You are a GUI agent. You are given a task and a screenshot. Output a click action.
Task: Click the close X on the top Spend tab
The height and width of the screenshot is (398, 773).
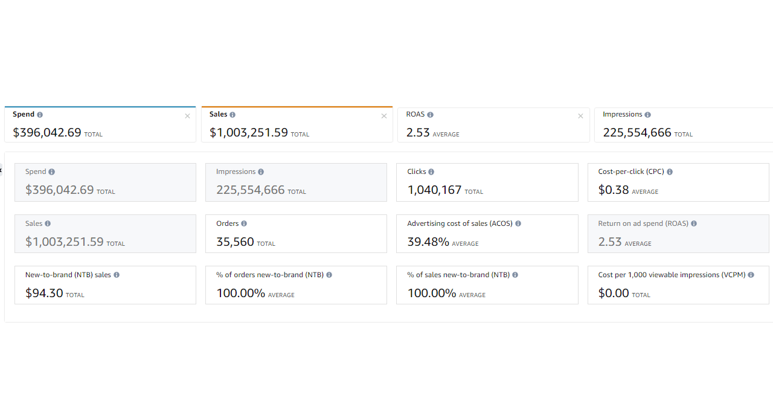tap(187, 116)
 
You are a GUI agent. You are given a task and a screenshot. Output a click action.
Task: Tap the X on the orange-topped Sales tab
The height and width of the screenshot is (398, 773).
tap(384, 116)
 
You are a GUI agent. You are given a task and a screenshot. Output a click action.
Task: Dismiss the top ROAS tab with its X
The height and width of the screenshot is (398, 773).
tap(580, 116)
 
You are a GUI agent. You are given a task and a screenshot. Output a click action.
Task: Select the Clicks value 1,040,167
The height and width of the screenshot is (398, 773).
tap(434, 190)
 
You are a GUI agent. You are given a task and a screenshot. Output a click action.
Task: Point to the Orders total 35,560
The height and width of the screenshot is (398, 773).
tap(235, 242)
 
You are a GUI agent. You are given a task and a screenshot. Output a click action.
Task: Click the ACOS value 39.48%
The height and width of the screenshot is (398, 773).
tap(428, 242)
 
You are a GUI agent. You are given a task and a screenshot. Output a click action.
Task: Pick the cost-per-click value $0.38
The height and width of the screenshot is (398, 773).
tap(614, 190)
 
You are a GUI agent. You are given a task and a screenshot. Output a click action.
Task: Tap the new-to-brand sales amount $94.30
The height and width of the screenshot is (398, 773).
tap(44, 294)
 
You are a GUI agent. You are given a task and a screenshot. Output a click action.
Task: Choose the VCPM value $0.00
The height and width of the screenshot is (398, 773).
tap(614, 294)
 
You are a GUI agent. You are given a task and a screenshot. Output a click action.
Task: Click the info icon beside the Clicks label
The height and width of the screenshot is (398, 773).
tap(431, 172)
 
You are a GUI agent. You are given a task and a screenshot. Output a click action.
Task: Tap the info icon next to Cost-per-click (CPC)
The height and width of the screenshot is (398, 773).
tap(670, 172)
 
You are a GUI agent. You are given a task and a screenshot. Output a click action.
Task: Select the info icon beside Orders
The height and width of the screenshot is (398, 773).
tap(244, 223)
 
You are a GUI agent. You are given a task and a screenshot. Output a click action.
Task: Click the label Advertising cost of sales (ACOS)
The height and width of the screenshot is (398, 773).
tap(460, 223)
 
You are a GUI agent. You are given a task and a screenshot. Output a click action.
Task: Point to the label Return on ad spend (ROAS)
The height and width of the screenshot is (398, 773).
tap(643, 223)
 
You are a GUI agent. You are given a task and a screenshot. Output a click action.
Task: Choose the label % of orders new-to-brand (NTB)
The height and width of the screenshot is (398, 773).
tap(269, 275)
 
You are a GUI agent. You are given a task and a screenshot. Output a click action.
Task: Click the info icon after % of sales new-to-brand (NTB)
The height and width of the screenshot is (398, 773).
tap(516, 275)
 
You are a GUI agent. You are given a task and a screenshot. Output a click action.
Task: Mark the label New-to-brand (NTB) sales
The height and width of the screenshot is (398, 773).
tap(68, 275)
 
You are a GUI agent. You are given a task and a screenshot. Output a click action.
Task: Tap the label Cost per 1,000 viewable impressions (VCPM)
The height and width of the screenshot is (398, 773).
tap(672, 275)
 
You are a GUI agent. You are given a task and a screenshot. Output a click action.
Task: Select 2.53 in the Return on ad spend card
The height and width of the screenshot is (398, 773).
tap(610, 242)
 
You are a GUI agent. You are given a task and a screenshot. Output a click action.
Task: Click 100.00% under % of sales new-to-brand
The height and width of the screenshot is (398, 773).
tap(432, 294)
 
